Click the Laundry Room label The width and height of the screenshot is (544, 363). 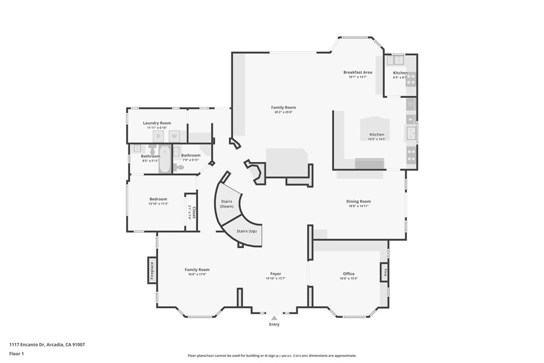pyautogui.click(x=157, y=123)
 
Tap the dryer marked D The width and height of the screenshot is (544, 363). pyautogui.click(x=158, y=137)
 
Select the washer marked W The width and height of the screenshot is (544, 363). pyautogui.click(x=174, y=137)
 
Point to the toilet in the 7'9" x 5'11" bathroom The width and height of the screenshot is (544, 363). pyautogui.click(x=179, y=167)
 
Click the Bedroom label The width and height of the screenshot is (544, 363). pyautogui.click(x=158, y=199)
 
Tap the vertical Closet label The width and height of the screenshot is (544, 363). pyautogui.click(x=194, y=213)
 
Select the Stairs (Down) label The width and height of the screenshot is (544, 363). pyautogui.click(x=227, y=204)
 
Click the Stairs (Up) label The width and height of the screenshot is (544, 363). pyautogui.click(x=246, y=231)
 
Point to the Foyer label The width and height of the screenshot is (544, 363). pyautogui.click(x=275, y=274)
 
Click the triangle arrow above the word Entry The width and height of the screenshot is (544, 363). pyautogui.click(x=274, y=318)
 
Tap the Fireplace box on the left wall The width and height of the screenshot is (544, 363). pyautogui.click(x=152, y=271)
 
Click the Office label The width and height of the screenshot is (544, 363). pyautogui.click(x=348, y=274)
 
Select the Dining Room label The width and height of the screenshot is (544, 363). pyautogui.click(x=358, y=201)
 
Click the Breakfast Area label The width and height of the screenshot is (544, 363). pyautogui.click(x=358, y=72)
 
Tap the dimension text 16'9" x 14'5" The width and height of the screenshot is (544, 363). pyautogui.click(x=377, y=139)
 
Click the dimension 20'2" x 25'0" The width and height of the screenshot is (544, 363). pyautogui.click(x=283, y=112)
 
